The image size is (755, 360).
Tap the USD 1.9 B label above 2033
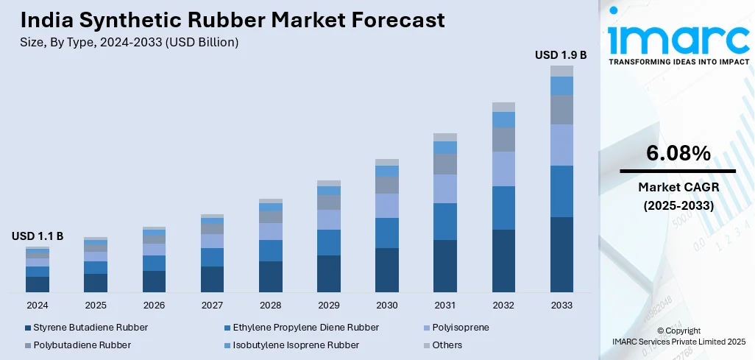(561, 54)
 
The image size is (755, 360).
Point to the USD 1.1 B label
(38, 236)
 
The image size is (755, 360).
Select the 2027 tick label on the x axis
(212, 305)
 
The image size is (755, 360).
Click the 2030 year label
(386, 305)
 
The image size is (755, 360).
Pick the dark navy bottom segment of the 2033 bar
(561, 254)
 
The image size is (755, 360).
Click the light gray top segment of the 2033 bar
(561, 71)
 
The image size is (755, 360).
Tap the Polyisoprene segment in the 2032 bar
(503, 169)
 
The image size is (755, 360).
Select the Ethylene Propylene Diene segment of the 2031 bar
(445, 221)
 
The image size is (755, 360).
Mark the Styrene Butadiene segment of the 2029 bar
(329, 273)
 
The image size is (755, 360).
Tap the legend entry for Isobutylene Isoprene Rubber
(296, 345)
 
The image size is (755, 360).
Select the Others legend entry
(447, 345)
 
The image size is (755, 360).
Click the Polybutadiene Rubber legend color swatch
(28, 345)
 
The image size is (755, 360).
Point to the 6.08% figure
(678, 153)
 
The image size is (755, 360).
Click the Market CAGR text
(678, 186)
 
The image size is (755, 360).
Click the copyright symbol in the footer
(660, 331)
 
